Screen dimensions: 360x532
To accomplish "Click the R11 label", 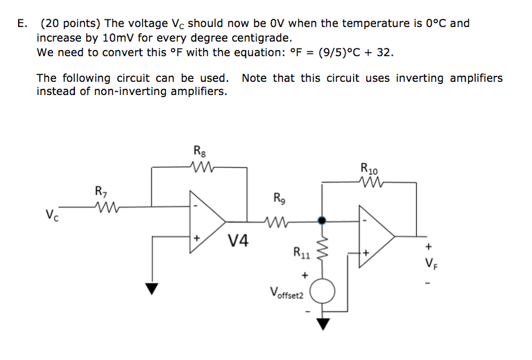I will coord(301,253).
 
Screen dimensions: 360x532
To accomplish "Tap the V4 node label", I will coord(239,242).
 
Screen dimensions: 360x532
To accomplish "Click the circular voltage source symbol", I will coord(322,290).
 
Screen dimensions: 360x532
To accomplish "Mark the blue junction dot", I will coord(320,221).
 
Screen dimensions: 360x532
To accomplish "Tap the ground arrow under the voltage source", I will coord(322,323).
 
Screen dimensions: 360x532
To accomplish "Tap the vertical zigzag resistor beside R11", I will coord(321,250).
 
